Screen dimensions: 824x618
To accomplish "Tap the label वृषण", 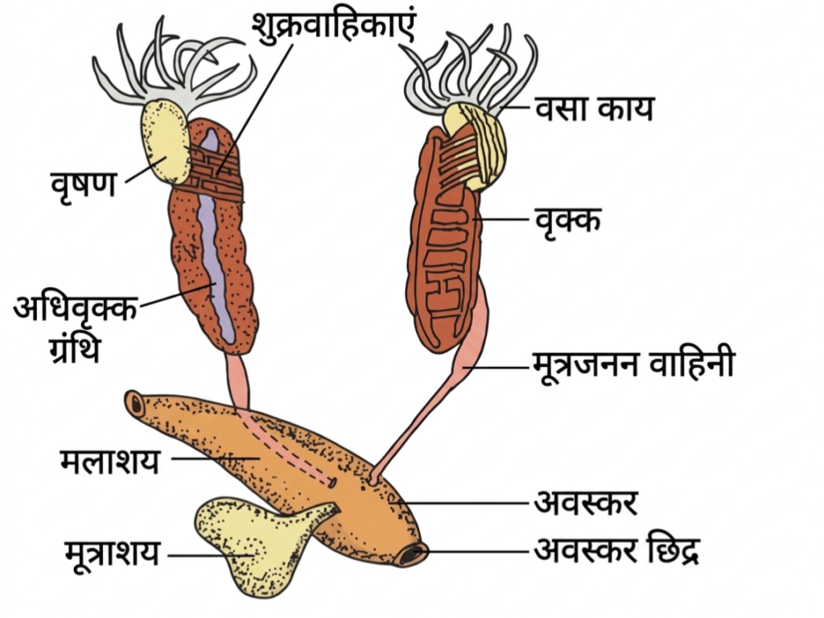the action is pyautogui.click(x=84, y=183).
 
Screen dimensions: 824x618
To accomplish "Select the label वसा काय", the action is pyautogui.click(x=595, y=109).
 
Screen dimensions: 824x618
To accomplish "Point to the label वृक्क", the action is pyautogui.click(x=567, y=219).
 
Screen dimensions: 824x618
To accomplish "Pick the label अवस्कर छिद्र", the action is pyautogui.click(x=616, y=550).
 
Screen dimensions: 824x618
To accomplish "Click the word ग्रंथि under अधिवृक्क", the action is pyautogui.click(x=73, y=348).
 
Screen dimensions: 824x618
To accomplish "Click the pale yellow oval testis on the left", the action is pyautogui.click(x=165, y=142).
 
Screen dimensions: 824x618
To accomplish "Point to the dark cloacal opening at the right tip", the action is pyautogui.click(x=414, y=554).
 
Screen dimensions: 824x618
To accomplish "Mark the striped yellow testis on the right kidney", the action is pyautogui.click(x=476, y=145).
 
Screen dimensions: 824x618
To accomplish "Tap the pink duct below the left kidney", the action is pyautogui.click(x=238, y=381).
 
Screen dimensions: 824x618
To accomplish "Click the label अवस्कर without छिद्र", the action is pyautogui.click(x=586, y=502).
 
